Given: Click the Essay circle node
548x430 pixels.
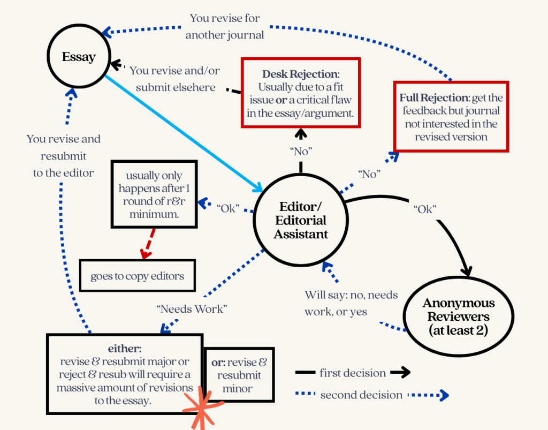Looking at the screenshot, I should click(79, 57).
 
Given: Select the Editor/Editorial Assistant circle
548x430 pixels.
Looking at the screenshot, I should click(301, 220).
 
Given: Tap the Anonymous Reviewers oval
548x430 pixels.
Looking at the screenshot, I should click(459, 316).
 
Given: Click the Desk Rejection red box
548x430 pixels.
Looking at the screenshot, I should click(301, 93).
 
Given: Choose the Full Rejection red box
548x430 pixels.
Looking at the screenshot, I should click(451, 117).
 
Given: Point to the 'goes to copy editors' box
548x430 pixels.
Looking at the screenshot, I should click(137, 276).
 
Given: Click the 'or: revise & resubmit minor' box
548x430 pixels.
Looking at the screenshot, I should click(239, 375).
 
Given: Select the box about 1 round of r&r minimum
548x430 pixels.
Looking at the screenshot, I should click(154, 194).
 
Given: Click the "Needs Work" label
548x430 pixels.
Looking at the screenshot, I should click(192, 309).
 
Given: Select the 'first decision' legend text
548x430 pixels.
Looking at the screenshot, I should click(353, 373).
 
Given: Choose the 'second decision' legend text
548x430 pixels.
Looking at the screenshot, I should click(361, 395).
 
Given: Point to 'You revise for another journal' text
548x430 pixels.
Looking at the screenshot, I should click(225, 27).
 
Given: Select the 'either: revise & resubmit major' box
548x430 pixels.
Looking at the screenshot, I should click(125, 374).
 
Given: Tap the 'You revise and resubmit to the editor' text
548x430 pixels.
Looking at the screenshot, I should click(64, 156).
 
